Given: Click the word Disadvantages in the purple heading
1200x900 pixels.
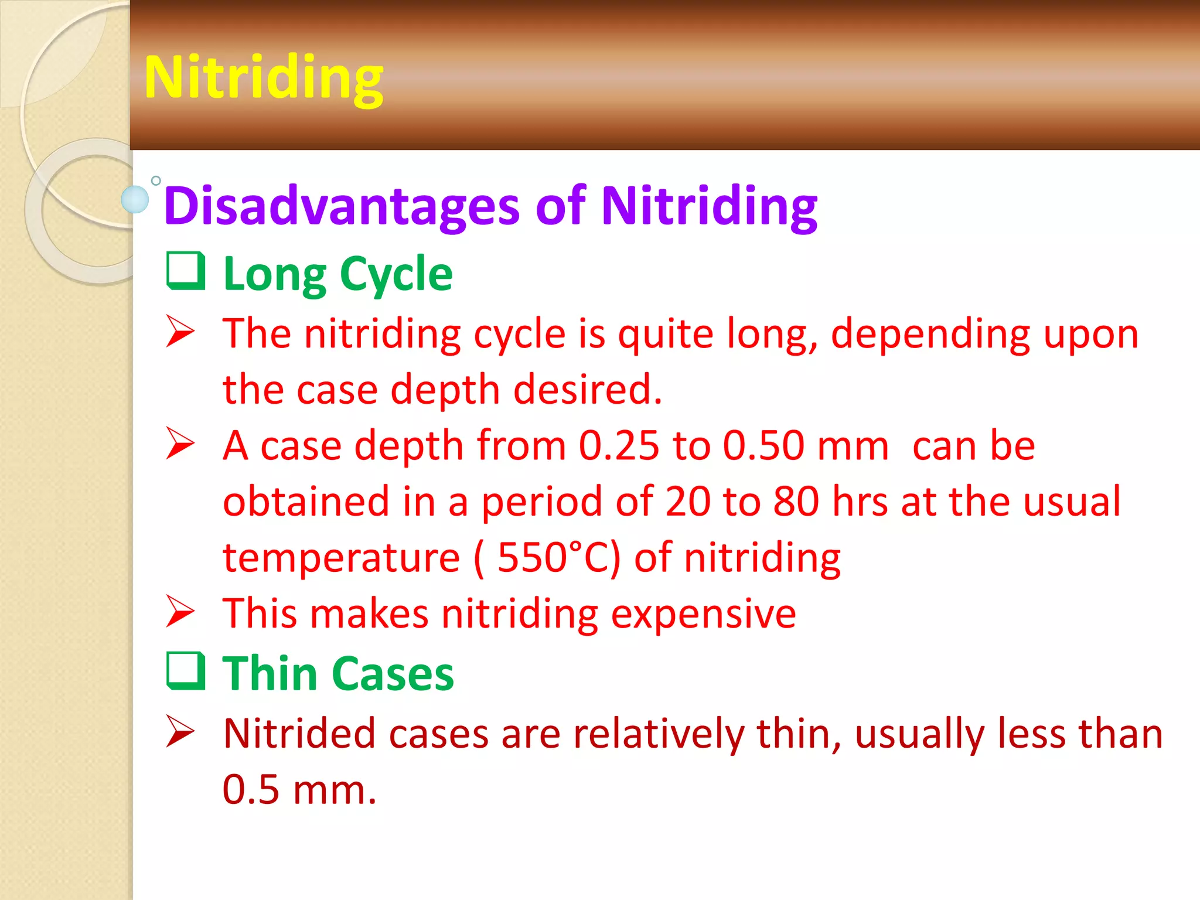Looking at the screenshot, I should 342,206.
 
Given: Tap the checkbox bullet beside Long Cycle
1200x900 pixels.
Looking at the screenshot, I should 186,271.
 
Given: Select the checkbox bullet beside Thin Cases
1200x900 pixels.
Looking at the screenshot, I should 186,671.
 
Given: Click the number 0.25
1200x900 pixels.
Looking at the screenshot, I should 619,446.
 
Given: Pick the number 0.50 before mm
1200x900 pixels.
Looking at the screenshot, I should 763,446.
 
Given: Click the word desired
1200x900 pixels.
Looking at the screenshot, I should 588,390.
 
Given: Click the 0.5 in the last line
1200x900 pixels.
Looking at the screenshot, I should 251,790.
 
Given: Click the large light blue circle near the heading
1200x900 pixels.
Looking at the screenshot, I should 135,199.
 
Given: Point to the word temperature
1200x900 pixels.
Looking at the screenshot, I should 341,558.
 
